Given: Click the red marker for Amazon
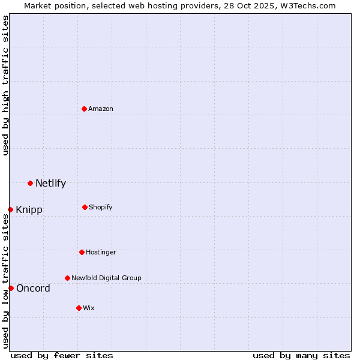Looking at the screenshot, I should tap(85, 109).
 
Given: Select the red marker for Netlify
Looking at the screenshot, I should tap(30, 183).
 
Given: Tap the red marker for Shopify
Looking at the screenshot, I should tap(85, 207).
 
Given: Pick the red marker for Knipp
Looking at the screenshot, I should tap(10, 209).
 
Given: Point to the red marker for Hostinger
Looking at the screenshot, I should tap(82, 252).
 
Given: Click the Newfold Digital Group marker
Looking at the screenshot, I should tap(67, 278).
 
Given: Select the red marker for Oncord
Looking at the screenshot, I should tap(11, 288).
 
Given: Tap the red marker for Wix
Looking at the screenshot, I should tap(79, 308).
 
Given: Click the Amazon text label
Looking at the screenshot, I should tap(101, 109).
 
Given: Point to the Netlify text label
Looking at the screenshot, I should tap(50, 184).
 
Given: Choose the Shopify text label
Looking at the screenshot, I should tap(101, 208).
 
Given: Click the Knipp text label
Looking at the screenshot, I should tap(29, 210).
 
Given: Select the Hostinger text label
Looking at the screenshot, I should tap(101, 253).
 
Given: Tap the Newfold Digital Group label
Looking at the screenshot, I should tap(106, 278).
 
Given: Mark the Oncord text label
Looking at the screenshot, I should tap(33, 289).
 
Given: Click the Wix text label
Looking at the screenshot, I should tap(89, 308).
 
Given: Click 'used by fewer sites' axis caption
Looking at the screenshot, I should tap(62, 355).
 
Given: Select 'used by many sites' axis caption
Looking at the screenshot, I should tap(301, 355).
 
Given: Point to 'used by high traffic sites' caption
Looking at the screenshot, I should tap(5, 85).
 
